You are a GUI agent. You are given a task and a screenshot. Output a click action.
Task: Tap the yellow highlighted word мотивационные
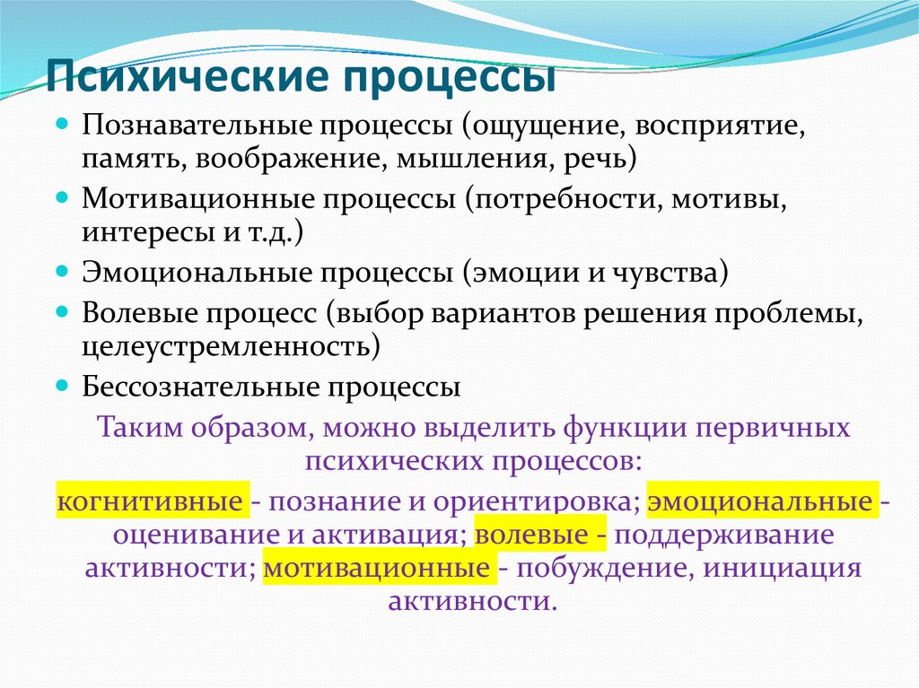click(x=376, y=568)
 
